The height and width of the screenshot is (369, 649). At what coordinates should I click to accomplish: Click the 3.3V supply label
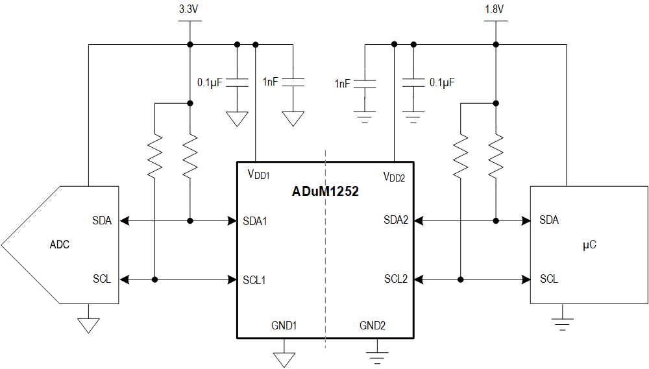pyautogui.click(x=190, y=10)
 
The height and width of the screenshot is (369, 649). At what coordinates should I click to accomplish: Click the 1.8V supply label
pyautogui.click(x=495, y=10)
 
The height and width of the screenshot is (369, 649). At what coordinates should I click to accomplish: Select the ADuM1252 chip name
pyautogui.click(x=325, y=192)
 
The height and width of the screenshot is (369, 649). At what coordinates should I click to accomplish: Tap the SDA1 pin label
pyautogui.click(x=255, y=220)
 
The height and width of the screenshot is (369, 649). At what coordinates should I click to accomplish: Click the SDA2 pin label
pyautogui.click(x=396, y=220)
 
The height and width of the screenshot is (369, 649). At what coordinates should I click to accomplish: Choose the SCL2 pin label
pyautogui.click(x=396, y=279)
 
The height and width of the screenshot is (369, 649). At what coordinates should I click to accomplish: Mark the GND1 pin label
pyautogui.click(x=284, y=326)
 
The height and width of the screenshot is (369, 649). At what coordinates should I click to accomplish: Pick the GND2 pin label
pyautogui.click(x=373, y=326)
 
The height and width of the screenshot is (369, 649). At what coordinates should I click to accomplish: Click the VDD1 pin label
pyautogui.click(x=258, y=174)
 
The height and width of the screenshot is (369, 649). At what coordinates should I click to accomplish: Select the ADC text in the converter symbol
pyautogui.click(x=59, y=244)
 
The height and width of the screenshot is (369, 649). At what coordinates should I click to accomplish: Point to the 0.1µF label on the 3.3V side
pyautogui.click(x=210, y=82)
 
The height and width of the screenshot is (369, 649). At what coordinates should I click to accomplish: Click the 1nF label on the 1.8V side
pyautogui.click(x=342, y=84)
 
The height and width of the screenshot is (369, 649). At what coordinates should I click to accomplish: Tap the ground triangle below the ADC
pyautogui.click(x=88, y=325)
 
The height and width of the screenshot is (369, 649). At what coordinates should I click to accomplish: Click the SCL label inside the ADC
pyautogui.click(x=102, y=279)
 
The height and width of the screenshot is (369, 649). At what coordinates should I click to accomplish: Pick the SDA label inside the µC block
pyautogui.click(x=549, y=220)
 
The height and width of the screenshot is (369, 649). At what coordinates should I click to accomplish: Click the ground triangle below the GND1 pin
pyautogui.click(x=284, y=359)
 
